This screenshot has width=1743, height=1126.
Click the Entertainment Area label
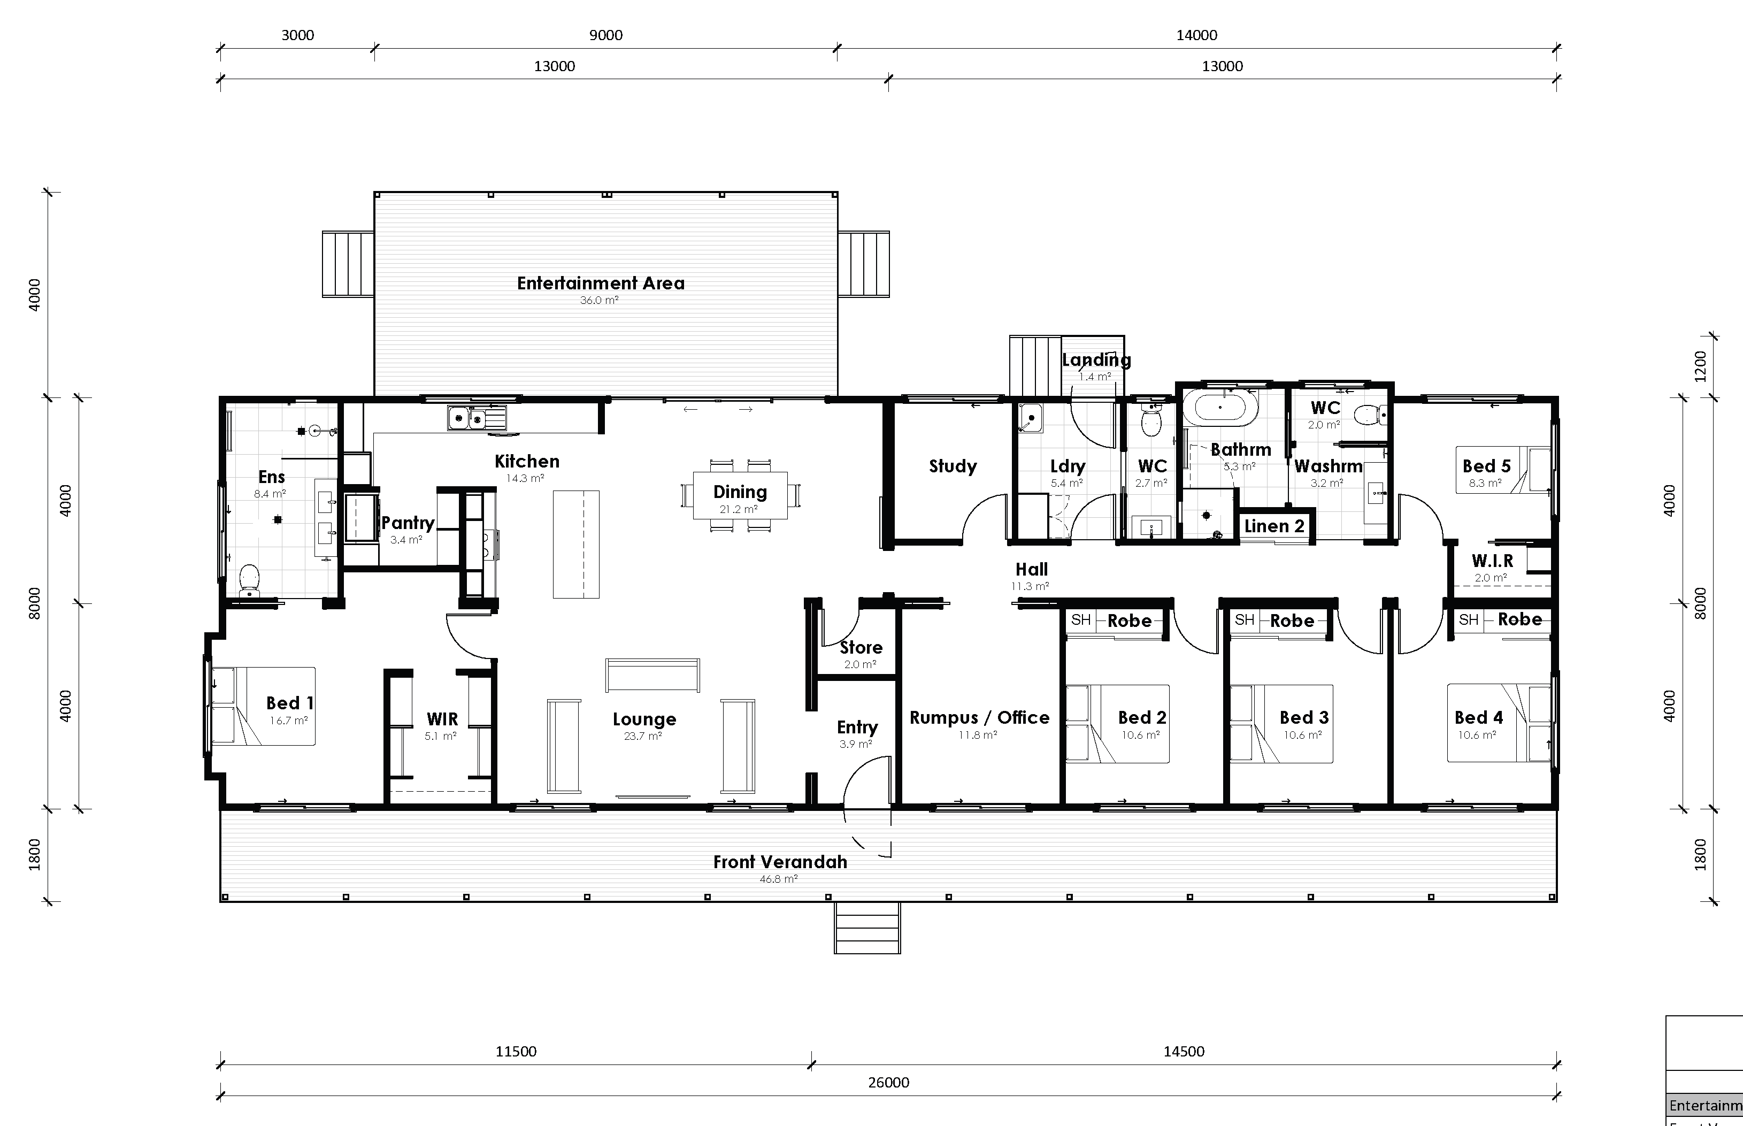(601, 283)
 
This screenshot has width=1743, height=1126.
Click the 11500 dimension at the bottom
(516, 1052)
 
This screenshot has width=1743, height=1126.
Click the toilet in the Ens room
(249, 579)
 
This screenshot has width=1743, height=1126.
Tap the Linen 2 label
(1274, 526)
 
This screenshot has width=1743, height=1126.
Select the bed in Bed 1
(263, 706)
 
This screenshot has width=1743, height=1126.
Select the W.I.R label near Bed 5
(1492, 561)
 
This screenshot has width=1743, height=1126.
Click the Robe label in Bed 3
(1292, 621)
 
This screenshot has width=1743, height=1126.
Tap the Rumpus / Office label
(979, 717)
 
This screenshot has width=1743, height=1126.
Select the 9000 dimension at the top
(606, 35)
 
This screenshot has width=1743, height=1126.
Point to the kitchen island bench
(576, 544)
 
